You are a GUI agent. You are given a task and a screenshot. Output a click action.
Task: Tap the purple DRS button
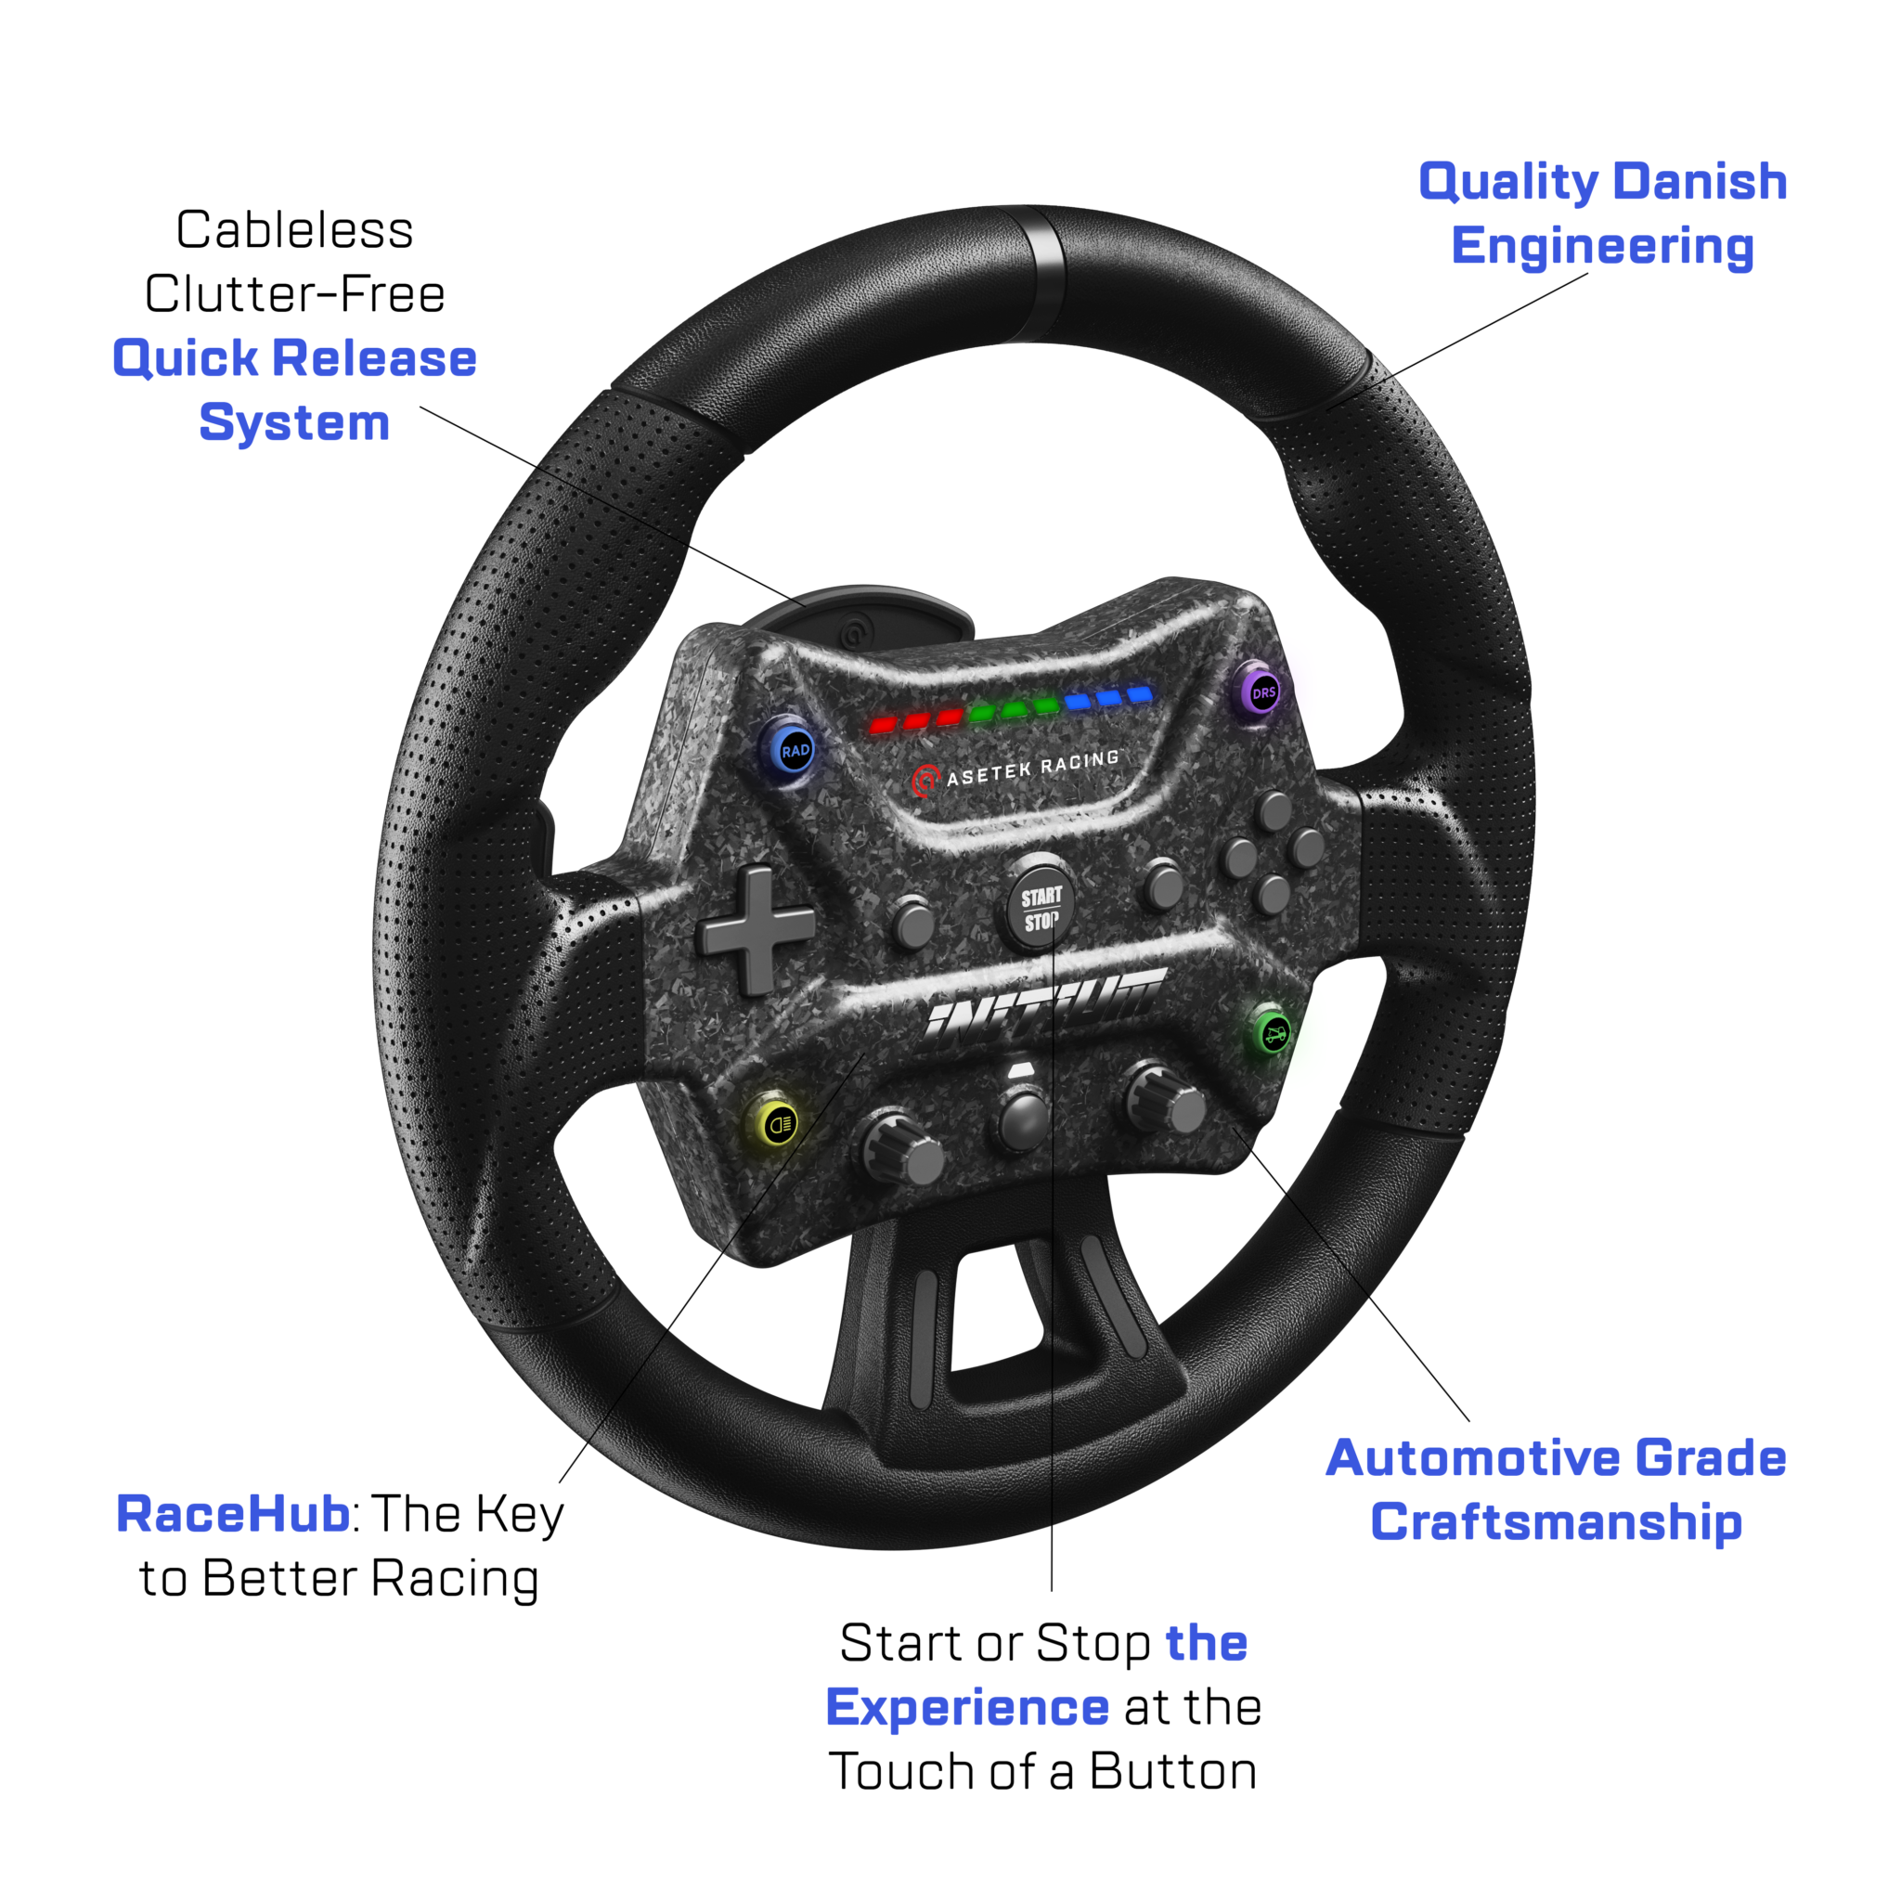coord(1262,692)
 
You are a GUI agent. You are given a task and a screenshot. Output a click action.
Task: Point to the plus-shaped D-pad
coord(756,928)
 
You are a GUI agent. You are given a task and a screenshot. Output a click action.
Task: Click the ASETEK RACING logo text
coord(1031,769)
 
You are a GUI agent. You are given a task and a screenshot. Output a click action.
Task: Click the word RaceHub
coord(232,1514)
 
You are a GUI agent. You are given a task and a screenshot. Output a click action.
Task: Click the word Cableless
coord(294,230)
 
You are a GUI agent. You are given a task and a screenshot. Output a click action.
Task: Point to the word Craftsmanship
coord(1556,1522)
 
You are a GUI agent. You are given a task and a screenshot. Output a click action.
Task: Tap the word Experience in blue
coord(967,1707)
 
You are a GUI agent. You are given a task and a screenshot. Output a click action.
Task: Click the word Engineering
coord(1602,246)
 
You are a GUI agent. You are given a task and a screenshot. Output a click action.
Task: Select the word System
coord(294,422)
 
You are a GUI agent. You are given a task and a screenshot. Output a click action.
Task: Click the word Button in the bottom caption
coord(1173,1771)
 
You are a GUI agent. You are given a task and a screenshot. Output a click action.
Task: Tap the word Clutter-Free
coord(294,294)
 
